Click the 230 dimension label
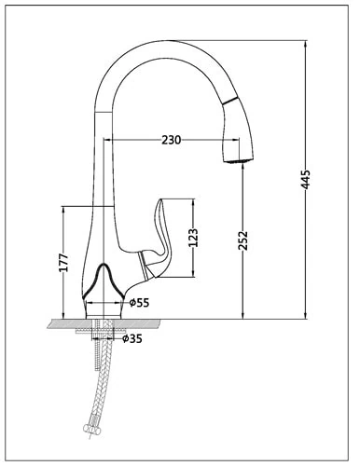click(171, 140)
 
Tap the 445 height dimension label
click(306, 180)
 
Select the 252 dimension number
click(242, 240)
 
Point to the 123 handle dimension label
click(193, 238)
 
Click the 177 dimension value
click(63, 263)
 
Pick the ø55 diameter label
click(139, 302)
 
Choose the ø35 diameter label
click(132, 338)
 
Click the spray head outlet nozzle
click(238, 160)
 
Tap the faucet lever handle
click(156, 240)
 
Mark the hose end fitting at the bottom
click(90, 430)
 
